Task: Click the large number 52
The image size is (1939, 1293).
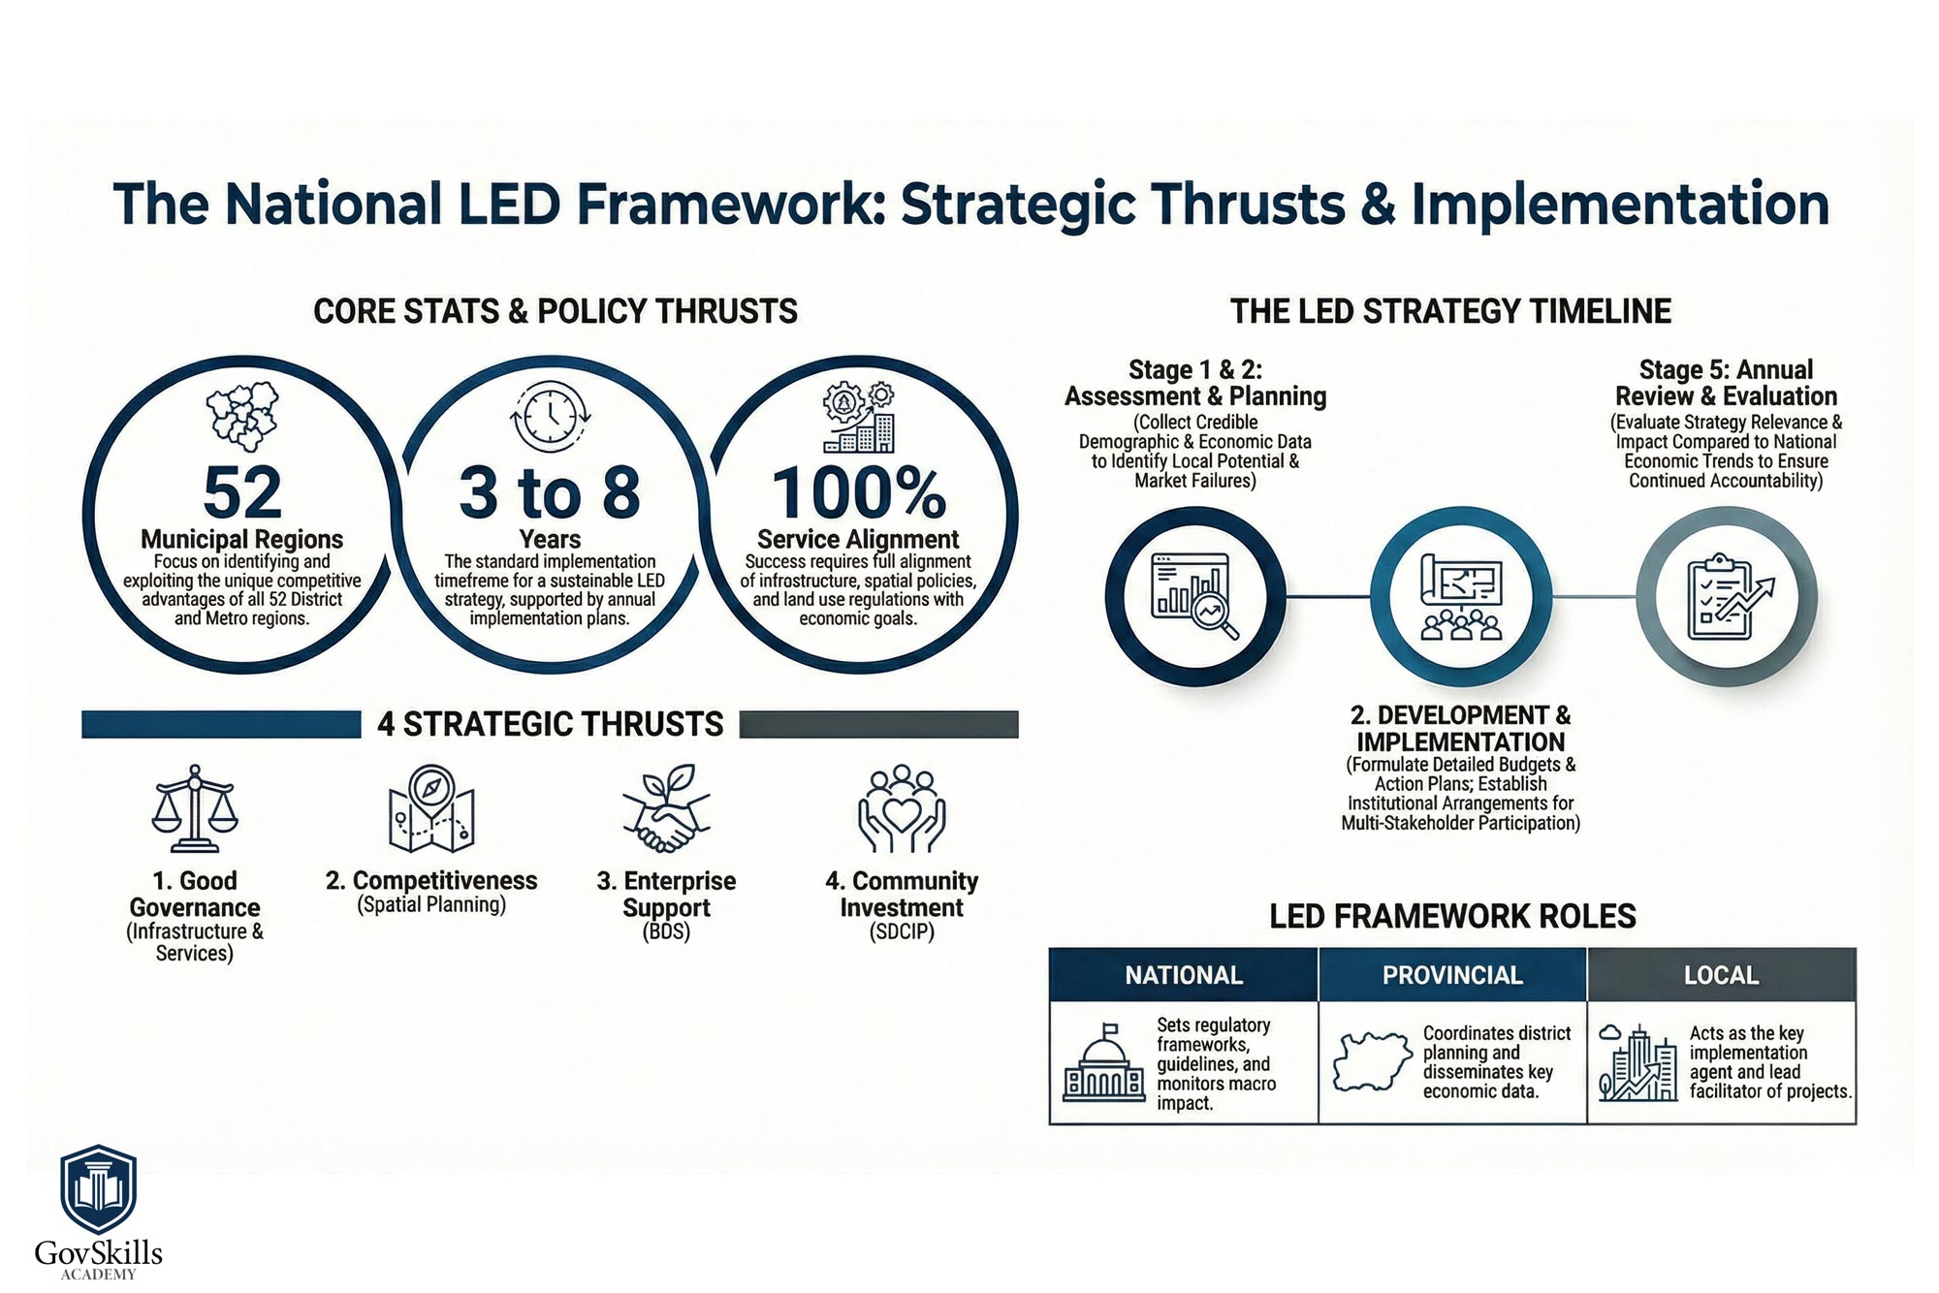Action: tap(242, 492)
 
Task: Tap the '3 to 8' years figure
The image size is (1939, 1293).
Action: tap(550, 492)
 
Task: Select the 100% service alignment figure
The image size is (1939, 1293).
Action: tap(858, 492)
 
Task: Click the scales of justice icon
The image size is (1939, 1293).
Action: tap(195, 808)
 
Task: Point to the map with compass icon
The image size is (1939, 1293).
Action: tap(430, 808)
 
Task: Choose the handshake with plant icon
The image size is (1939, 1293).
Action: tap(666, 808)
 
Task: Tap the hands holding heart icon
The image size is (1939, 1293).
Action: tap(902, 808)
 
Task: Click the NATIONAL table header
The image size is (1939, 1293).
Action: tap(1184, 975)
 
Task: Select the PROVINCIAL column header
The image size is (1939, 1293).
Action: tap(1452, 975)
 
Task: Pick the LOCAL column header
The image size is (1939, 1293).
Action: tap(1721, 975)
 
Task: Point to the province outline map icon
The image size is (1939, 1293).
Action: tap(1373, 1062)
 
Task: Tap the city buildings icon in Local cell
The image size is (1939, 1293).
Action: tap(1638, 1062)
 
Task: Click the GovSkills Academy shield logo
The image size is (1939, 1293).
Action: tap(98, 1190)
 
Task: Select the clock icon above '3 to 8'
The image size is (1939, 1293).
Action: tap(550, 418)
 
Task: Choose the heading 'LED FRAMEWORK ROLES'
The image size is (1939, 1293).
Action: tap(1452, 916)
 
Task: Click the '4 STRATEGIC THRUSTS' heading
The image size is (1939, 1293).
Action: tap(550, 724)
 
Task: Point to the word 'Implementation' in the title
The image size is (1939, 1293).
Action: tap(1620, 205)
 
